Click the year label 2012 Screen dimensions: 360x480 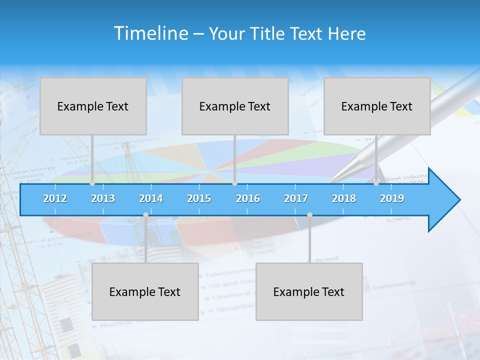click(x=55, y=198)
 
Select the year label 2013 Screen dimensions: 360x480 click(x=103, y=198)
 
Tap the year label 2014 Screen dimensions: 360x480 click(x=151, y=198)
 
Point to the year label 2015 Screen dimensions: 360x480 click(x=199, y=198)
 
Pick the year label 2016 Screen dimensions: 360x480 click(x=248, y=198)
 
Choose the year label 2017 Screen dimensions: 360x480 click(x=296, y=198)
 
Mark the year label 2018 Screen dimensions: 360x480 click(x=344, y=198)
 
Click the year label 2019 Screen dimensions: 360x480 click(x=392, y=198)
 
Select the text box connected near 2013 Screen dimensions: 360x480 click(x=93, y=106)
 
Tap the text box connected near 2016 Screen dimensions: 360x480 click(x=235, y=106)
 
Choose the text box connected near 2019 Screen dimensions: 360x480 click(x=377, y=106)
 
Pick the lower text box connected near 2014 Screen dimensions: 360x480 click(x=145, y=291)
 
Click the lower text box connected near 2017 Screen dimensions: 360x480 click(x=309, y=291)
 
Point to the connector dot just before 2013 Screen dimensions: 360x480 click(x=92, y=183)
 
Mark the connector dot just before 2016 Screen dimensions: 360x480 click(x=234, y=183)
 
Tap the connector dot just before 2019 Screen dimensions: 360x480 click(x=376, y=183)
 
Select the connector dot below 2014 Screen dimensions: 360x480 click(x=145, y=215)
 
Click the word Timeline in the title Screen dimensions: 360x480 click(x=150, y=33)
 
